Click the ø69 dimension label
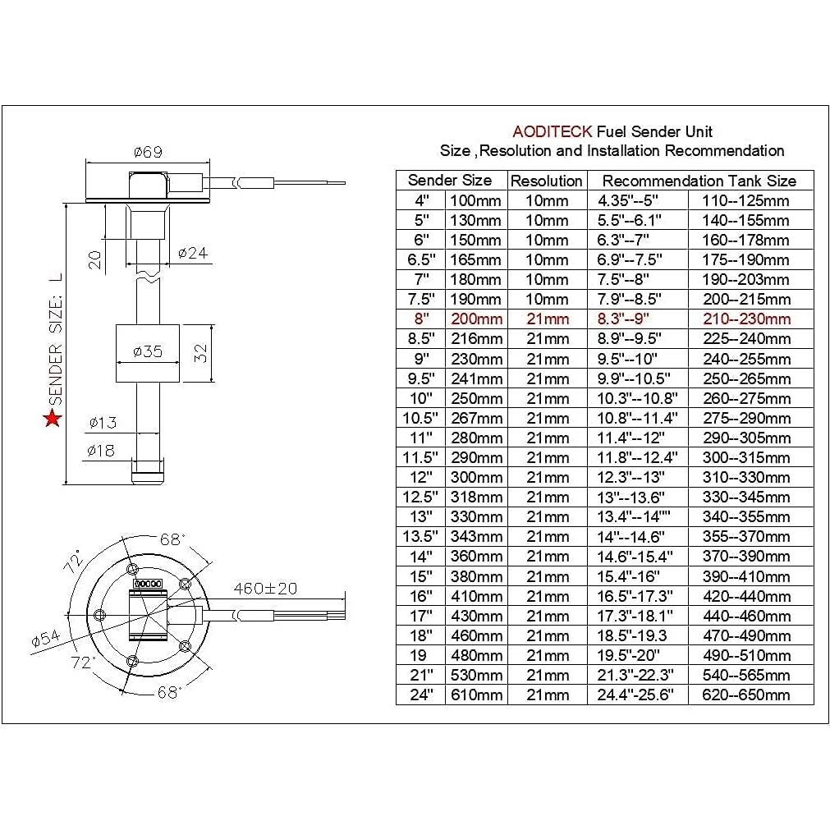pos(148,151)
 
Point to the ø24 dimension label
pos(192,253)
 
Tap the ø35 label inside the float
pos(148,351)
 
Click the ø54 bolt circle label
pos(46,639)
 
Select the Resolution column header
pos(547,181)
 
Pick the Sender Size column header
pos(450,181)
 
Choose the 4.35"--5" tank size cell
pos(630,200)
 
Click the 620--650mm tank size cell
pos(745,695)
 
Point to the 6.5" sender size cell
pos(420,259)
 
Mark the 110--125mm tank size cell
pos(745,200)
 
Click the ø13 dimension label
pos(103,423)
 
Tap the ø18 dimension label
pos(103,450)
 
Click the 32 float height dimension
pos(200,352)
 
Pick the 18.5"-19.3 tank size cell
pos(630,635)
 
